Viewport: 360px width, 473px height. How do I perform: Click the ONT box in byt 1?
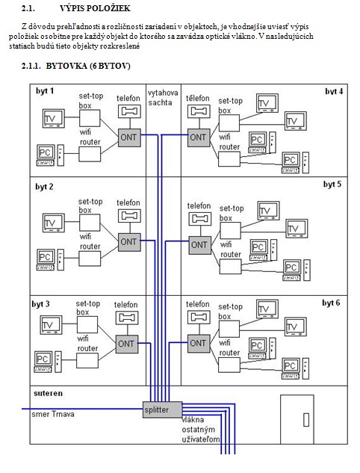129,137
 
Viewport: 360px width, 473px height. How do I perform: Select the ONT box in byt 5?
200,245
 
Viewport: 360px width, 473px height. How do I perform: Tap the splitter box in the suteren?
163,409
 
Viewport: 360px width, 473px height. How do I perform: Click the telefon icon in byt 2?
129,216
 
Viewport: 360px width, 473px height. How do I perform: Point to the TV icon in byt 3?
52,325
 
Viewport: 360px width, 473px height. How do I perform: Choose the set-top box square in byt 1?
90,118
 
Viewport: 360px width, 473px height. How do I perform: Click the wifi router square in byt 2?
90,259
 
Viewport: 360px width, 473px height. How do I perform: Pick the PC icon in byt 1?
51,155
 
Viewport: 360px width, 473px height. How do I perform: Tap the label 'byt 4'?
334,91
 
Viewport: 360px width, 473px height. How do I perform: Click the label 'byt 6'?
331,303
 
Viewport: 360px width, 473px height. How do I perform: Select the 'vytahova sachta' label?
163,97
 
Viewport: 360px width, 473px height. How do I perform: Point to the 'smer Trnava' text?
53,414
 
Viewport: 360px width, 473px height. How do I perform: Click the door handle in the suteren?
306,420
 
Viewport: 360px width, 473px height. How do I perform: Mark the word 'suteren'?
49,393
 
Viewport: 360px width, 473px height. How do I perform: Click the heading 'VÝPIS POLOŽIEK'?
95,8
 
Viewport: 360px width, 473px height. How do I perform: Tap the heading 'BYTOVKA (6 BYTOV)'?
88,66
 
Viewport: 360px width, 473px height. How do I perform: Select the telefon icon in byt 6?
199,318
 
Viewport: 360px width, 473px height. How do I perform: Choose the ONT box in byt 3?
127,344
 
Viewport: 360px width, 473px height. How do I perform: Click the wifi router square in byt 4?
229,159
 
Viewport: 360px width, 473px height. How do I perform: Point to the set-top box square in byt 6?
229,329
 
